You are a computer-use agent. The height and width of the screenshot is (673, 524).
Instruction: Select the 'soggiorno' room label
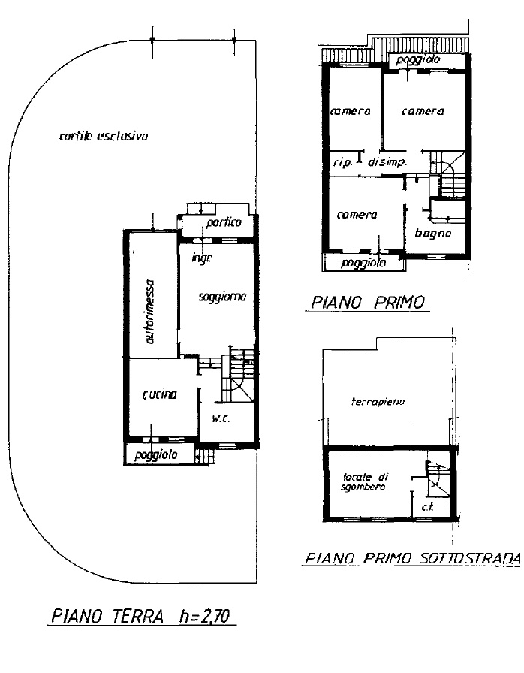(222, 297)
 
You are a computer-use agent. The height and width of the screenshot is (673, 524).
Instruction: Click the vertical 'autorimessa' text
(151, 311)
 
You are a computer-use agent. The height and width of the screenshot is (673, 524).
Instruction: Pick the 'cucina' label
(159, 394)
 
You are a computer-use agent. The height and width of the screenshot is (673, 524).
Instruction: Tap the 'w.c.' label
(220, 418)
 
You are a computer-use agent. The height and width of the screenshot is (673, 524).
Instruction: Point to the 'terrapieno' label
(378, 402)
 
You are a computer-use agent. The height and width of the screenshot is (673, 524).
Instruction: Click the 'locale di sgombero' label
(364, 481)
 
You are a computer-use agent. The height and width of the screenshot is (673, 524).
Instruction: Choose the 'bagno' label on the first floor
(432, 234)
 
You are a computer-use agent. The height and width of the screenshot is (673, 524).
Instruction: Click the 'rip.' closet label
(342, 162)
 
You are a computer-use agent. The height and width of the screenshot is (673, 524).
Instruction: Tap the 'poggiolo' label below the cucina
(155, 455)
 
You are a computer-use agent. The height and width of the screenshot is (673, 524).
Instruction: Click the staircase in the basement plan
(436, 481)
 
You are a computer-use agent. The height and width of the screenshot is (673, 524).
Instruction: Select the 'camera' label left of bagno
(357, 215)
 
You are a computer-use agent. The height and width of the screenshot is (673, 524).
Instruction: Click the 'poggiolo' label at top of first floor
(420, 60)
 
